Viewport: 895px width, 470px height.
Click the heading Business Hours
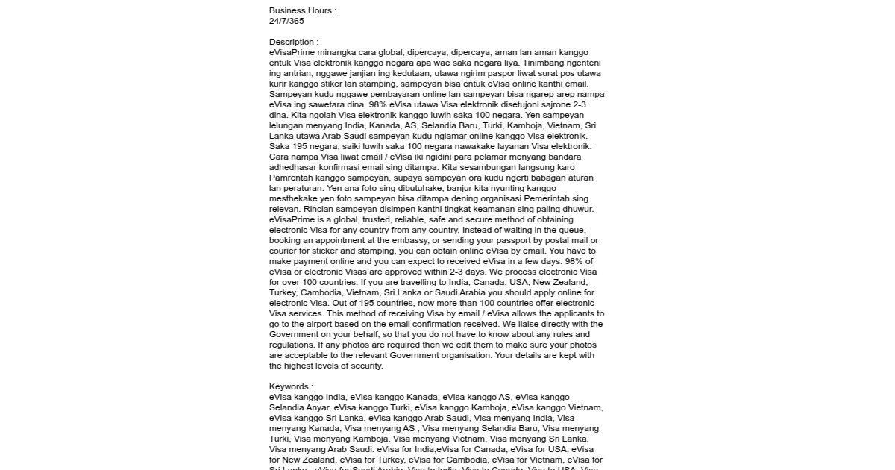click(303, 10)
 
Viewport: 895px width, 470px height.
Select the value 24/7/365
click(286, 21)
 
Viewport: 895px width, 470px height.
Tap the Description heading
click(294, 42)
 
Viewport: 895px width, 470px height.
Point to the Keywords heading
click(291, 386)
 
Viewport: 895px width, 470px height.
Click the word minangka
click(336, 52)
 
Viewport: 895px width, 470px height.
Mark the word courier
click(284, 251)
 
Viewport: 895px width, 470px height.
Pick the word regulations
click(292, 345)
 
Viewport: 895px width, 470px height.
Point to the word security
click(366, 366)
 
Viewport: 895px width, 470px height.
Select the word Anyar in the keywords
click(317, 407)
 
